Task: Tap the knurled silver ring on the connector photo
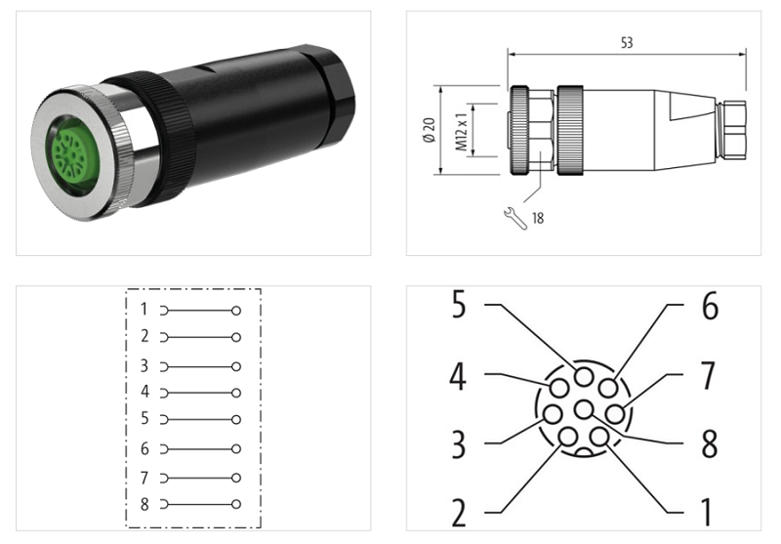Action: pos(124,146)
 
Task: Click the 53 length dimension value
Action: pos(627,43)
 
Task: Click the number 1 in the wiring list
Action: pos(144,310)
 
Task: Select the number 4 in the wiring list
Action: pos(144,392)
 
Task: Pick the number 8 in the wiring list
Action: pos(144,505)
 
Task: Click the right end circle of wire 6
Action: pos(236,450)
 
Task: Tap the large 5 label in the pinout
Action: pos(460,306)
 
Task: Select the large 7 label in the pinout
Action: pos(709,375)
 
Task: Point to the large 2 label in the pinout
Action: pos(460,512)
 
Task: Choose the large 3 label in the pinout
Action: pos(460,444)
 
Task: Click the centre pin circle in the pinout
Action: pos(585,409)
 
